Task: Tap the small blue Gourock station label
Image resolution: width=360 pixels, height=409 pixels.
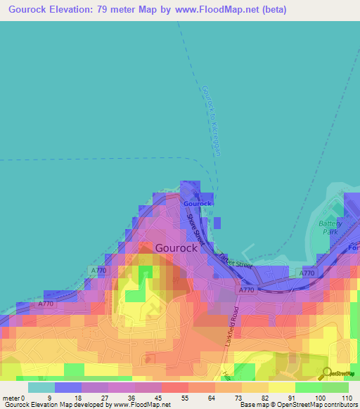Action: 198,204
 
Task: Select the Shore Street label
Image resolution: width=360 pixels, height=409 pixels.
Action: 194,229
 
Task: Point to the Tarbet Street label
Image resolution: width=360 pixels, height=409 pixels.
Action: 233,261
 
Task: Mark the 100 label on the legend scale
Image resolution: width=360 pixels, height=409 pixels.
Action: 321,398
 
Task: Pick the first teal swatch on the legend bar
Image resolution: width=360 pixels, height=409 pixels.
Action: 41,387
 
